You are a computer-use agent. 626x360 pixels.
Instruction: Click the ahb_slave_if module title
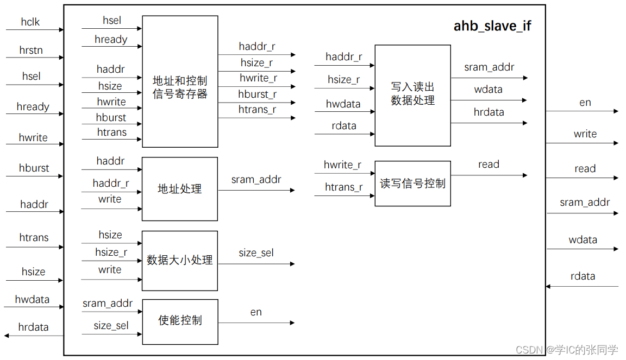tap(492, 26)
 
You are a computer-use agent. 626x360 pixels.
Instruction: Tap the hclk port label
tap(30, 22)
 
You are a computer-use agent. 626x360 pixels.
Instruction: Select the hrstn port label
tap(31, 50)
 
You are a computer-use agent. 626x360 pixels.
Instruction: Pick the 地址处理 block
tap(180, 189)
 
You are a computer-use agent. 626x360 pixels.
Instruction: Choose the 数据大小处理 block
tap(180, 261)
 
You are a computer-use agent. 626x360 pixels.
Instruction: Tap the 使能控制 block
tap(180, 321)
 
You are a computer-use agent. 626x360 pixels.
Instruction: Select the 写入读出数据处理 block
tap(412, 95)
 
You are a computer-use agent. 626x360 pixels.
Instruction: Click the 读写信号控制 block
tap(412, 184)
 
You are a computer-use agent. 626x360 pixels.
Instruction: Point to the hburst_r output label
tap(257, 94)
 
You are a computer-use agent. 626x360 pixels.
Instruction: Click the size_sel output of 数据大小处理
tap(256, 253)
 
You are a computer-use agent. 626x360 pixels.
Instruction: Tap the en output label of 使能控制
tap(256, 312)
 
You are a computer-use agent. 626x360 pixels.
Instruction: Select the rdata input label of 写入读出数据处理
tap(344, 126)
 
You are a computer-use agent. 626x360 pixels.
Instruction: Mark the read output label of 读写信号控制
tap(489, 165)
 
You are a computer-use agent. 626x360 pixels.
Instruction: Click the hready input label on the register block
tap(111, 40)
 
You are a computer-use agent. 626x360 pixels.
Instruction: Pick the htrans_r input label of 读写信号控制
tap(344, 187)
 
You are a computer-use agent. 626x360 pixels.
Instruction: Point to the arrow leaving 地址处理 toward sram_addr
tap(256, 190)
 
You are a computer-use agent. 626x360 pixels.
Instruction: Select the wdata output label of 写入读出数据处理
tap(488, 90)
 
